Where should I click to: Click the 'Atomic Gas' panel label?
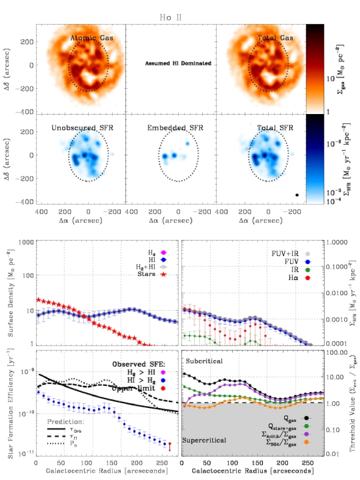(92, 38)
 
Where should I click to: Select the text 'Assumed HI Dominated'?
(178, 63)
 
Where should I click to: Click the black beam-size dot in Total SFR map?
(297, 195)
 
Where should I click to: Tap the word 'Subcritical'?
(204, 361)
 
